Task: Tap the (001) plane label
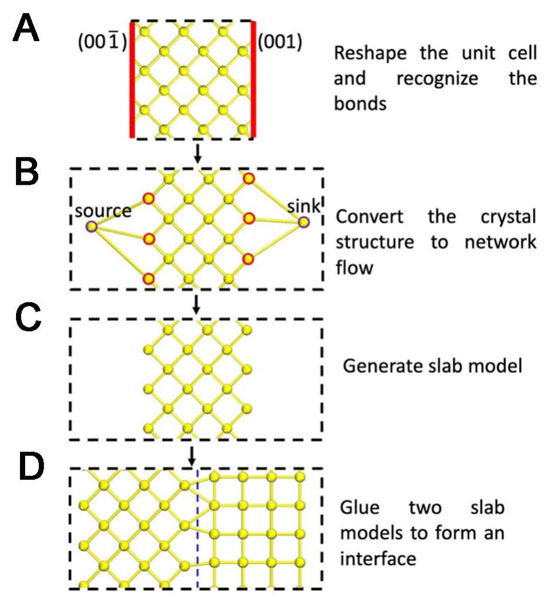(279, 43)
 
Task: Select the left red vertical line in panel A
(132, 80)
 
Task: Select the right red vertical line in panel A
(253, 80)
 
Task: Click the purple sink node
(303, 221)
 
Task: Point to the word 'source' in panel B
(103, 211)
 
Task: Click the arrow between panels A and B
(197, 152)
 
